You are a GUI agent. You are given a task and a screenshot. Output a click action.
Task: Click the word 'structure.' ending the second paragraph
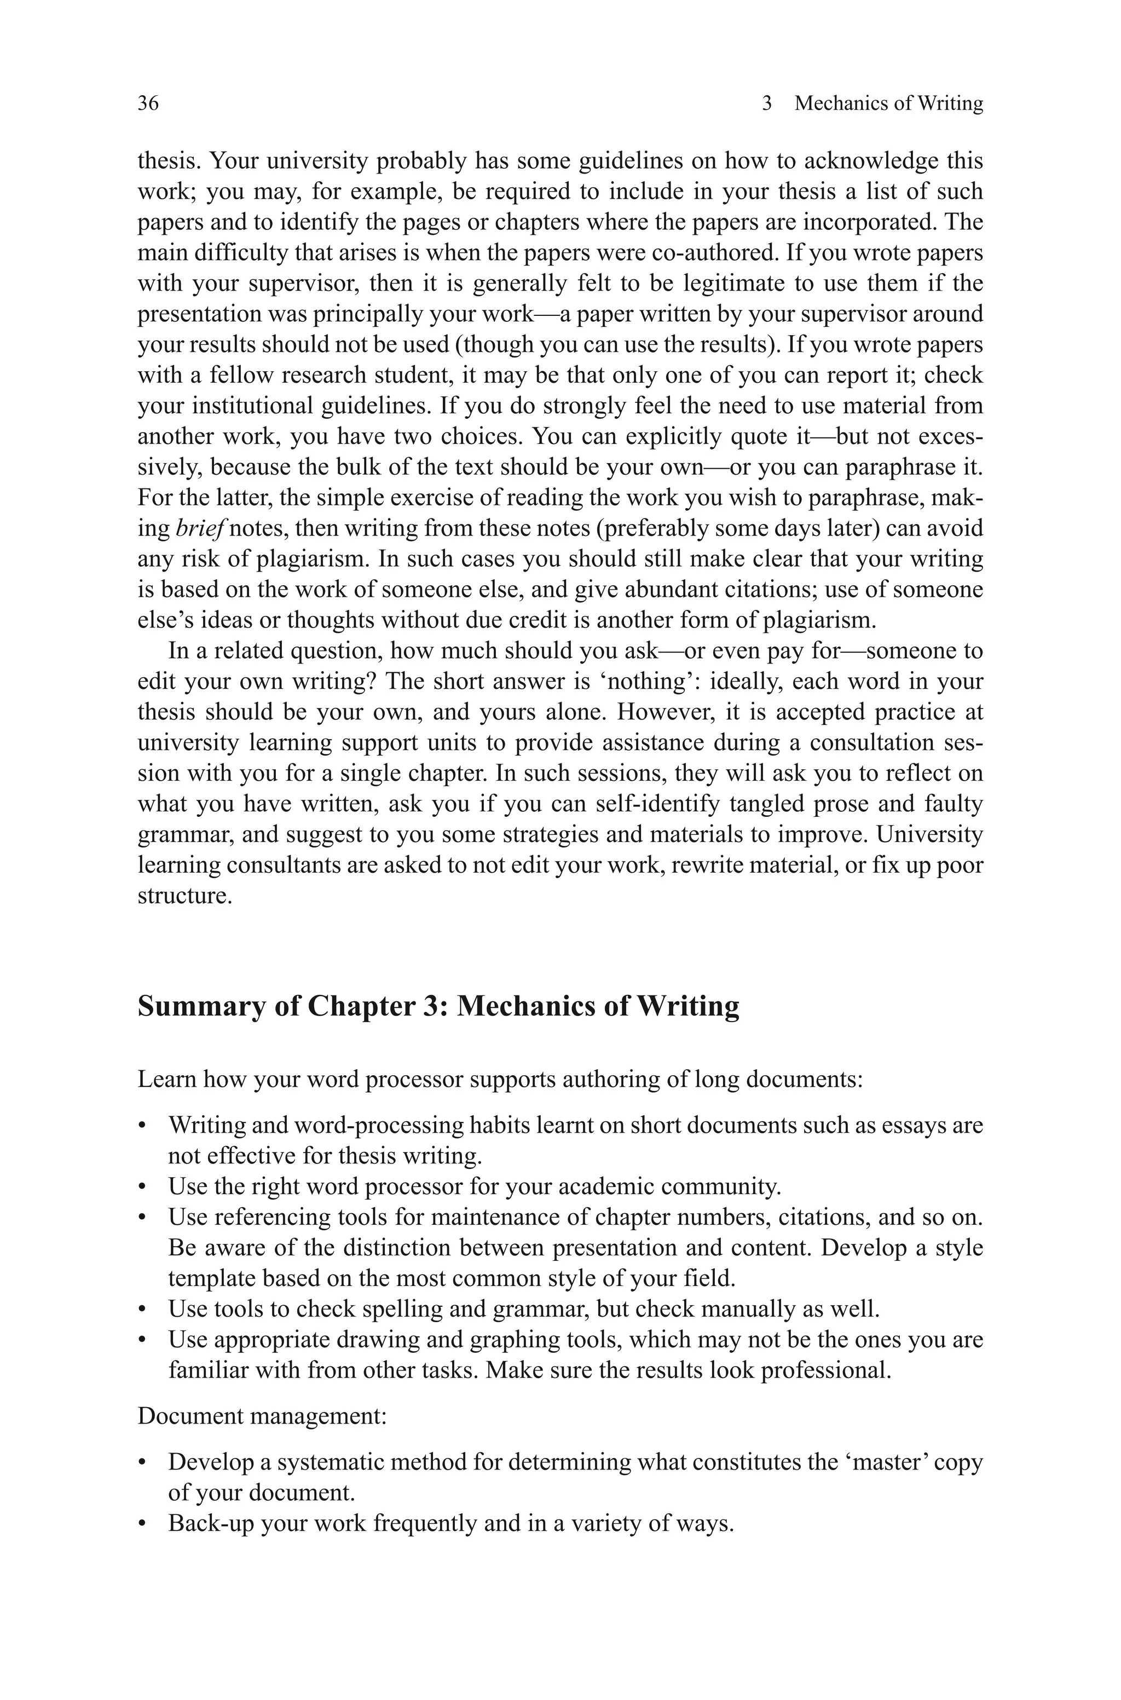point(184,896)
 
